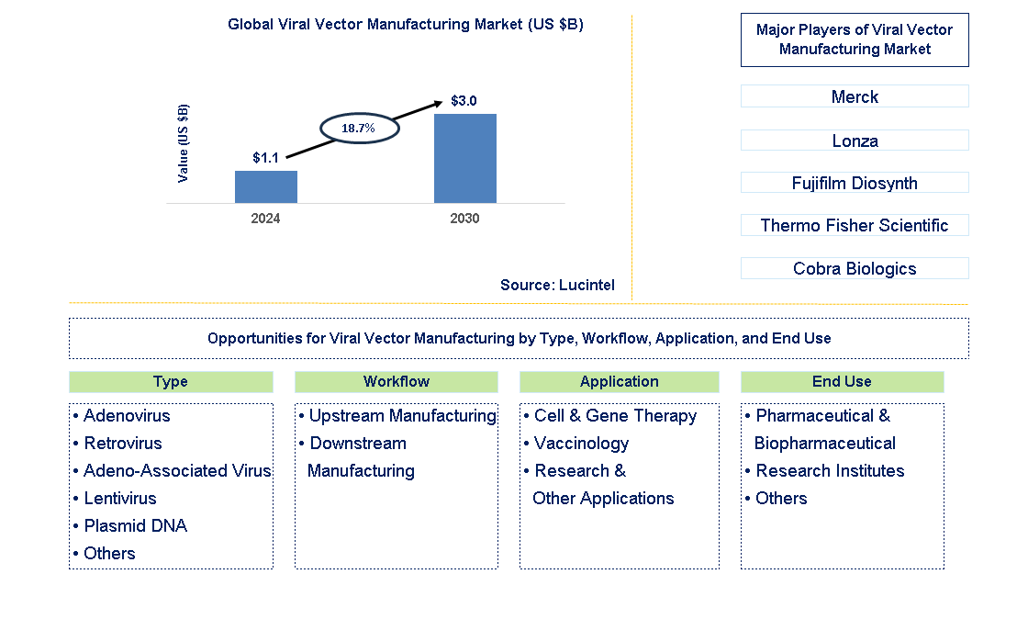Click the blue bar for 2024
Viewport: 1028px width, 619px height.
266,186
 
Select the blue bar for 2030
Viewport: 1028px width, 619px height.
465,158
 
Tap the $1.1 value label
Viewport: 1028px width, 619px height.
266,158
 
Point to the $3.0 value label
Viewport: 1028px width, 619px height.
464,101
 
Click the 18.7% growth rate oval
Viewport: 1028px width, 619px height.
359,129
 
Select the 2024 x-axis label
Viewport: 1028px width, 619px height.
266,219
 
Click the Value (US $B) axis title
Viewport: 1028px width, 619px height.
184,142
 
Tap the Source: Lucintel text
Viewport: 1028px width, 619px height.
557,286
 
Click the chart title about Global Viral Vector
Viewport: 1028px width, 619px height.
406,25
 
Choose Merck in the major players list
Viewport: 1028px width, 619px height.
855,96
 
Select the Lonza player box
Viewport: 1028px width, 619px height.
855,141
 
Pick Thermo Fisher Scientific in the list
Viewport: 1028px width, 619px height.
855,225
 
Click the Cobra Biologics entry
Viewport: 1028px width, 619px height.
855,268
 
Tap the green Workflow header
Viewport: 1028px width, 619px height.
397,381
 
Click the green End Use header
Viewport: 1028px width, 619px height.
842,381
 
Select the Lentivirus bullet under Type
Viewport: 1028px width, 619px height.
119,499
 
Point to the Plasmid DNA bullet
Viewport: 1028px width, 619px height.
135,526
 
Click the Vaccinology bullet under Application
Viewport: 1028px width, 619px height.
581,444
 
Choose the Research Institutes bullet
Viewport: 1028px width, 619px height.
830,471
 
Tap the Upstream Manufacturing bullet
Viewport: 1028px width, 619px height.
402,416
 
